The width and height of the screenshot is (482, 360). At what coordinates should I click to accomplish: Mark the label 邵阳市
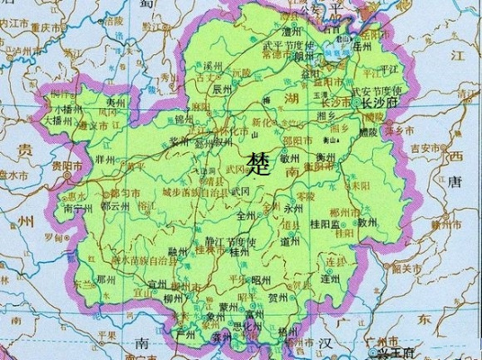point(296,142)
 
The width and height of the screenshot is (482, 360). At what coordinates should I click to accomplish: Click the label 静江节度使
point(230,241)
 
